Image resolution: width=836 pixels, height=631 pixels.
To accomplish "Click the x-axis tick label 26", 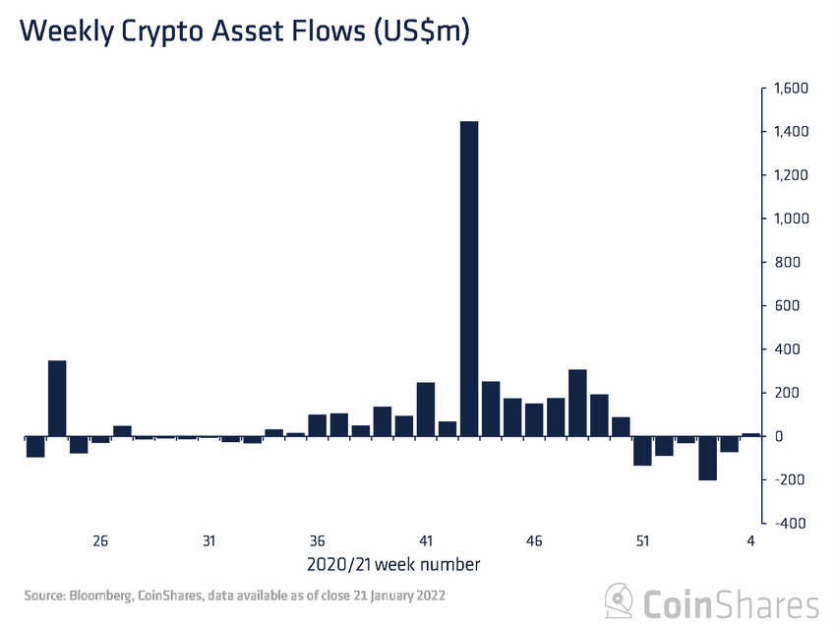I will pos(100,541).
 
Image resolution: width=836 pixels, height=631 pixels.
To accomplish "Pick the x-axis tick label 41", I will pos(426,541).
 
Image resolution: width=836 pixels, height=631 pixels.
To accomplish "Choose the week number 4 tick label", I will pos(751,541).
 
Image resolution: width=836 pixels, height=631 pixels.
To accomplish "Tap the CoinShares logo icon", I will pos(619,600).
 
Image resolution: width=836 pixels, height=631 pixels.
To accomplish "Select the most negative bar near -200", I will pos(708,458).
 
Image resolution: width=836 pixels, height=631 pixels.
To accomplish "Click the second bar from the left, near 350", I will pos(57,398).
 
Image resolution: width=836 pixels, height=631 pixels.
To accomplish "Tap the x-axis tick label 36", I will pos(318,541).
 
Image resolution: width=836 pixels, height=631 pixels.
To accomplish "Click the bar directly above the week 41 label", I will pos(426,409).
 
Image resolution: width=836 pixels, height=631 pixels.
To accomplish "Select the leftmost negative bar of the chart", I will pos(35,446).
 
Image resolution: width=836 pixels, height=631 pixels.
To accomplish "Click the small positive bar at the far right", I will pos(751,434).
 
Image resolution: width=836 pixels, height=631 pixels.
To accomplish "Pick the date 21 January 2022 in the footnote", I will pos(404,596).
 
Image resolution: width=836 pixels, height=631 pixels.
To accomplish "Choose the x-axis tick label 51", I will pos(642,541).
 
